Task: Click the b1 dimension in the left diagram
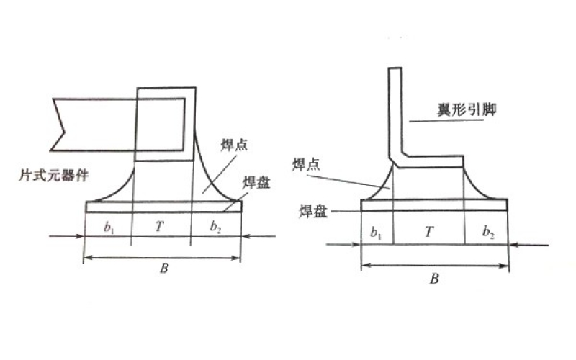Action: coord(109,228)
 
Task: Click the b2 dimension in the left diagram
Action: coord(216,228)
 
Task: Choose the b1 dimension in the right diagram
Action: coord(376,233)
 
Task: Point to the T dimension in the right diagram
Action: coord(429,233)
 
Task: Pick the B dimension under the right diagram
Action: coord(434,279)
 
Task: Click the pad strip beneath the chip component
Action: coord(163,207)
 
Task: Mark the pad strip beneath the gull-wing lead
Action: coord(435,204)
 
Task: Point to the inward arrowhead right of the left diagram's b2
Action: coord(247,235)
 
